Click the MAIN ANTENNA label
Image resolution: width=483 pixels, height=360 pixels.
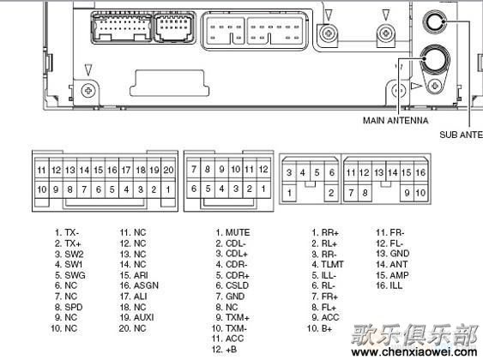coord(395,120)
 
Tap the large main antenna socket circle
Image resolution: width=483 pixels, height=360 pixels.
coord(435,59)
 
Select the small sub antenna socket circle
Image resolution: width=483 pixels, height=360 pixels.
coord(435,21)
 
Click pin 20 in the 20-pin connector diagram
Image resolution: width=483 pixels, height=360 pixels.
coord(168,170)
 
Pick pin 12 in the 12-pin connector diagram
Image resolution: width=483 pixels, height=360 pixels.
coord(263,169)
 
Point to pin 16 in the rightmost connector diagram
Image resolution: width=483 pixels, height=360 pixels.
coord(420,172)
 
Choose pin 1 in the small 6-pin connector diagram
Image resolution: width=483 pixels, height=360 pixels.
coord(289,193)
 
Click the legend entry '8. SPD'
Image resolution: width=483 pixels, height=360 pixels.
coord(69,307)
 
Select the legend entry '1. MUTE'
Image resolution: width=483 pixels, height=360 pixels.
coord(232,232)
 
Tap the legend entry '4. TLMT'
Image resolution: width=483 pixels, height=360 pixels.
coord(328,264)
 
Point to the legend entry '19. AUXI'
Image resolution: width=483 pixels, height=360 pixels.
coord(136,317)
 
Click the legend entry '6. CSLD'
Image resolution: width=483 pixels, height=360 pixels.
coord(232,285)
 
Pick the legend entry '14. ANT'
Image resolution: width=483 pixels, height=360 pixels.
coord(391,264)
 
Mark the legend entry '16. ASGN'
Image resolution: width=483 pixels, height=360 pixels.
coord(139,285)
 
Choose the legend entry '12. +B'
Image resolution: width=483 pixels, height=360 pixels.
coord(224,349)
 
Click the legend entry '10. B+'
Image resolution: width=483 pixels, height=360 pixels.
coord(320,328)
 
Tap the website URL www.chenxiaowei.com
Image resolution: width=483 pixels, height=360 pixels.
coord(414,351)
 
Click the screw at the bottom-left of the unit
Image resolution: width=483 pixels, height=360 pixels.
coord(88,91)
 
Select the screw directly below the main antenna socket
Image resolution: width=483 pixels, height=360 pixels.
coord(435,86)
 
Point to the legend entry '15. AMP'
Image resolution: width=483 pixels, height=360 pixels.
coord(392,275)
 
